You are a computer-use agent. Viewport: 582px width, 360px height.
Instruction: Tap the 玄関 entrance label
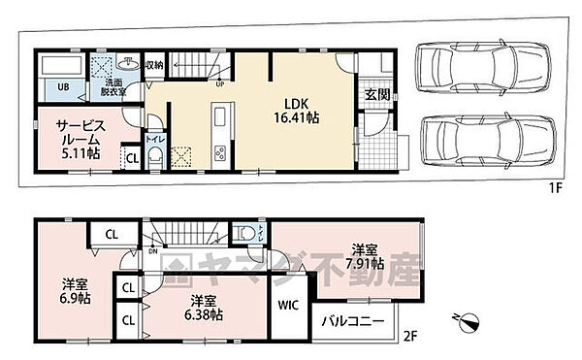(x=377, y=94)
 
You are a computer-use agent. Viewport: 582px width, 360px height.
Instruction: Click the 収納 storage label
(x=154, y=66)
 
